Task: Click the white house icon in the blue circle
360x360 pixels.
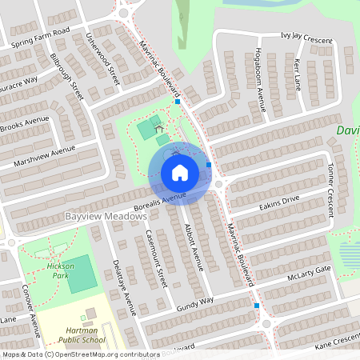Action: (180, 173)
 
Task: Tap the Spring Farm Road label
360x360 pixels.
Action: (41, 39)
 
